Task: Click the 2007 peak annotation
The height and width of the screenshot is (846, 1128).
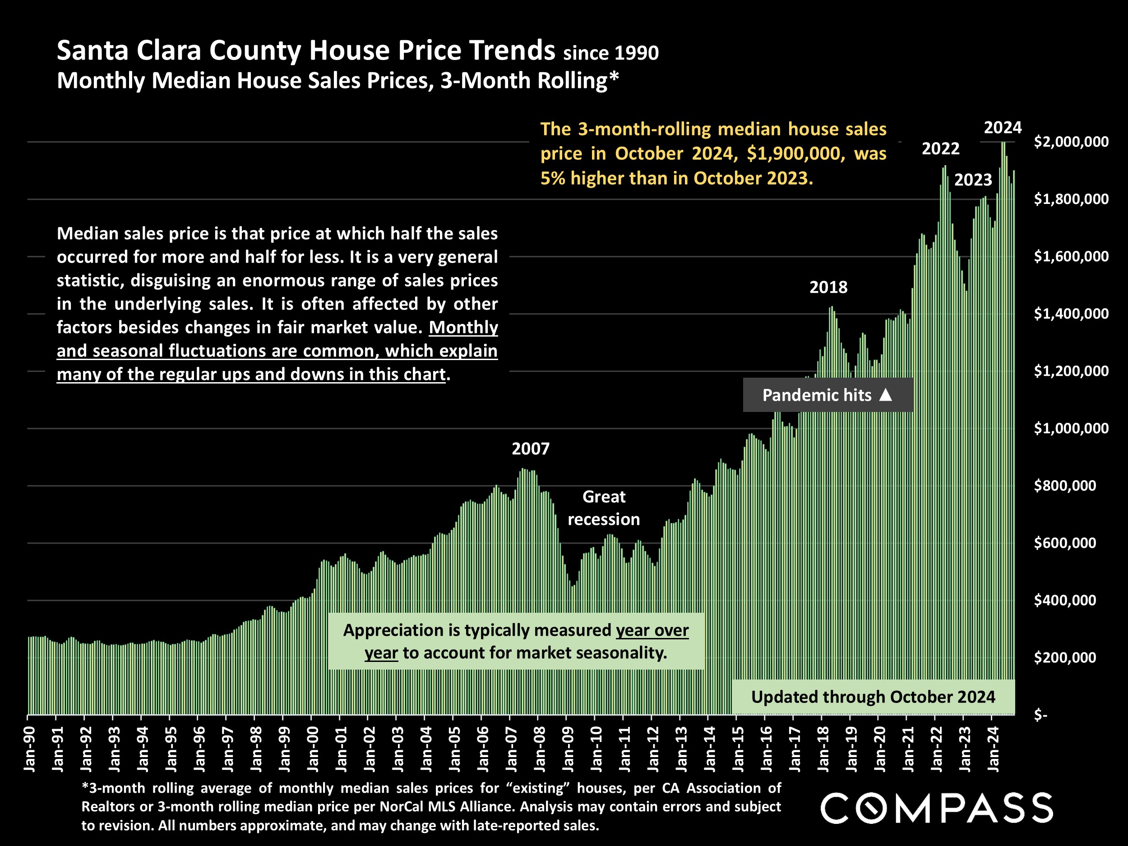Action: click(530, 449)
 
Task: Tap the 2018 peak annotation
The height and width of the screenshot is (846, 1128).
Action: click(828, 287)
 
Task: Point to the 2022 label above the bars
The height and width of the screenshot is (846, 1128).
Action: click(940, 149)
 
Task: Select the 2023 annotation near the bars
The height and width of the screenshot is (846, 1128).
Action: click(973, 180)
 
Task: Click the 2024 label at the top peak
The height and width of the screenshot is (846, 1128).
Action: click(1003, 128)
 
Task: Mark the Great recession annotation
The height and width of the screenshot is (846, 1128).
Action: click(604, 508)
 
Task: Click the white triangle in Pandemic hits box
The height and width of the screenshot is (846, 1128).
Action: click(886, 395)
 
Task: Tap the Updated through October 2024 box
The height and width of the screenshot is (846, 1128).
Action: click(873, 697)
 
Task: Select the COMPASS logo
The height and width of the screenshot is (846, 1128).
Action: click(936, 808)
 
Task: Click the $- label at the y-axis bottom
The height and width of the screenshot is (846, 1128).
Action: click(1040, 716)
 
